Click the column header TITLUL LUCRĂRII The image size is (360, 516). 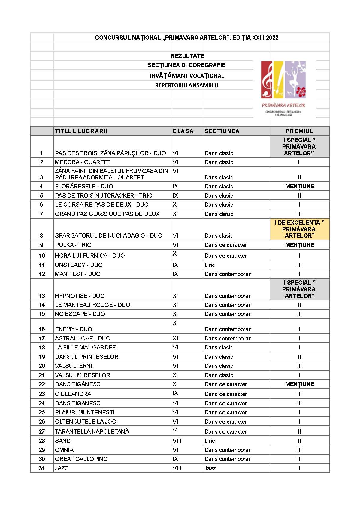coord(81,131)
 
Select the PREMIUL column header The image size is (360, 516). coord(299,131)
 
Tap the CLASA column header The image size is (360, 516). coord(183,131)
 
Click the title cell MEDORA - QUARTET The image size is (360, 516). coord(83,162)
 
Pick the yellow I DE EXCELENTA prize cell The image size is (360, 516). coord(299,229)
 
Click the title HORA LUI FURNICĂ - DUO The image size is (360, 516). coord(90,256)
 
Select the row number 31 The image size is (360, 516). coord(42,468)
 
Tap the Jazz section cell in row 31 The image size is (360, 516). coord(210,468)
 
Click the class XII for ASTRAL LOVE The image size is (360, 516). coord(176,339)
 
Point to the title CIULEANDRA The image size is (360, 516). coord(73,394)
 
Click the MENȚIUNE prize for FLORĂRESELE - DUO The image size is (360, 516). coord(300,187)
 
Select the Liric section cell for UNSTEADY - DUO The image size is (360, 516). coord(210,265)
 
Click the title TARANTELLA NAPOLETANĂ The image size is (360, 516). coord(92,432)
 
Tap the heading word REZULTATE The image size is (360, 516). coord(187,56)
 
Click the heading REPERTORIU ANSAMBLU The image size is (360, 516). coord(186,85)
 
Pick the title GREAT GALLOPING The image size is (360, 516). coord(81,459)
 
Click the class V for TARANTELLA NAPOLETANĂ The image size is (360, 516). coord(175,430)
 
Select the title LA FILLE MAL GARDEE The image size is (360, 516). coord(85,348)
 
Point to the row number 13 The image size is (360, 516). coord(42,296)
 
